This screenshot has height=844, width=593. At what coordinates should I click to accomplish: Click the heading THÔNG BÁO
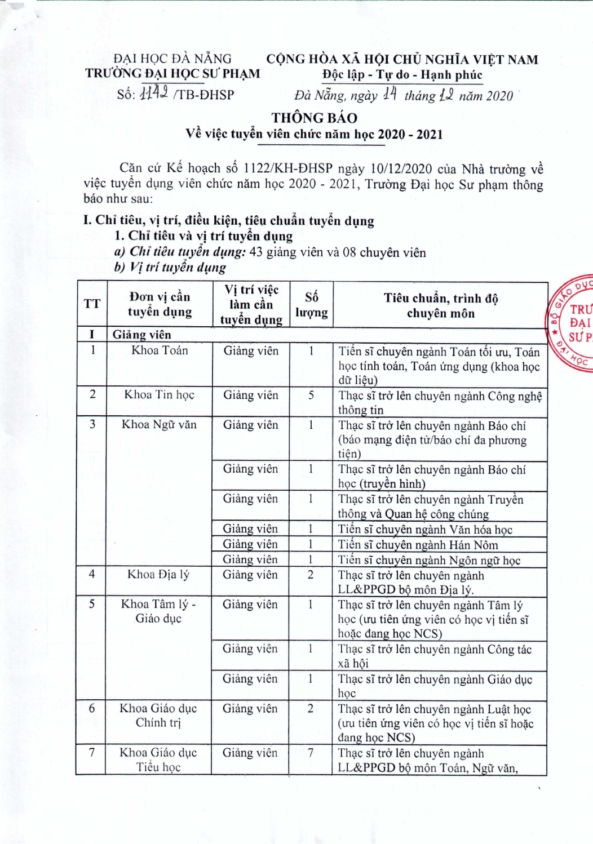point(314,118)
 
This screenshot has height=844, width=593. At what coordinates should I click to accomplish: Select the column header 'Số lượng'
point(311,304)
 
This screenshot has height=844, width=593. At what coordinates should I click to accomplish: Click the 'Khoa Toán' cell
point(160,350)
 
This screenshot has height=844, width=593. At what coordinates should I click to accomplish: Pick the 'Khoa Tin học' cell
point(160,394)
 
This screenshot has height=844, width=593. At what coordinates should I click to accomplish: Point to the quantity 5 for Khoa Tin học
point(311,395)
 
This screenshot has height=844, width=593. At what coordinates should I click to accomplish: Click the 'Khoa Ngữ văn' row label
point(159,425)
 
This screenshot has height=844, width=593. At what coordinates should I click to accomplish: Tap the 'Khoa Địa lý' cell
point(158,575)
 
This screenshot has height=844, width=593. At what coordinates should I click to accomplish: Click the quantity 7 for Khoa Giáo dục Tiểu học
point(311,753)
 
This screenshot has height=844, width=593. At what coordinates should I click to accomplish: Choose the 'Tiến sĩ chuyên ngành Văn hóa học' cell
point(425,530)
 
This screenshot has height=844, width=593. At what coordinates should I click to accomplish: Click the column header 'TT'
point(92,304)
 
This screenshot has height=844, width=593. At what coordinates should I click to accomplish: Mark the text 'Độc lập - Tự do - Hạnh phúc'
point(402,75)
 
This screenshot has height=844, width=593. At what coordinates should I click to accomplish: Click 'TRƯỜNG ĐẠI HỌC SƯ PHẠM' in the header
point(172,74)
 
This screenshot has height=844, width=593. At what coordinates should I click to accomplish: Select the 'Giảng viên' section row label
point(141,335)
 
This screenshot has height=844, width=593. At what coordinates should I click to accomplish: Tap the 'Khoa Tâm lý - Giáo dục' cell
point(158,611)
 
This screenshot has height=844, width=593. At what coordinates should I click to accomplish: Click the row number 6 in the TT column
point(92,708)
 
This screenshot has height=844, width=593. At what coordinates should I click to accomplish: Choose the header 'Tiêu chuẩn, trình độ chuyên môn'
point(440,305)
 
